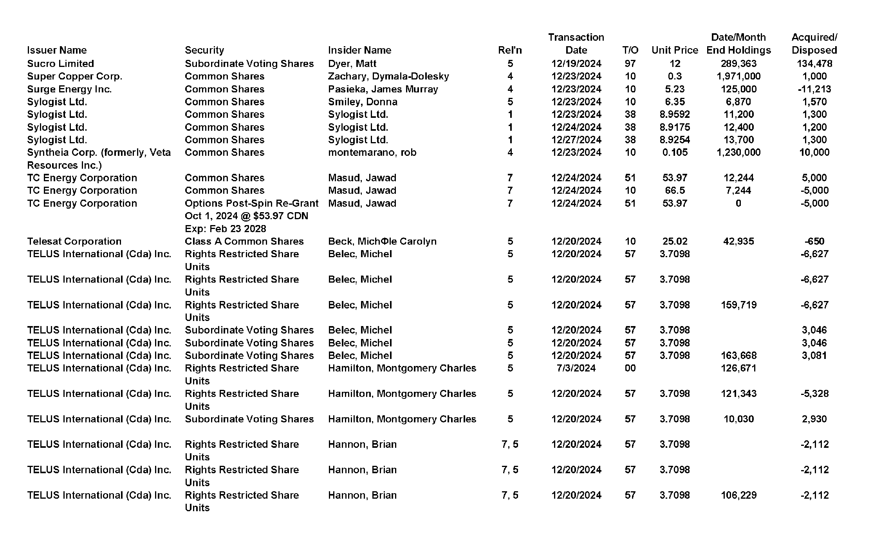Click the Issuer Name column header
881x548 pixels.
(57, 50)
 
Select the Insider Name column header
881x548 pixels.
(359, 50)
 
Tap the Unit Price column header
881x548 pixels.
(675, 50)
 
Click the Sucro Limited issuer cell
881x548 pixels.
(60, 63)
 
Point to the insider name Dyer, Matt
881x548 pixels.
(352, 63)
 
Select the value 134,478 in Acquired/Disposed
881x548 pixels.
(814, 63)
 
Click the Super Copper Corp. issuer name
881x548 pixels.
(74, 76)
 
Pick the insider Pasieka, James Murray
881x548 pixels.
(383, 89)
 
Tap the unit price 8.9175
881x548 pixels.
(675, 127)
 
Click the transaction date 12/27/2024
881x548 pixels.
(576, 140)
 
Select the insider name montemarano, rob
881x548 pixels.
(372, 152)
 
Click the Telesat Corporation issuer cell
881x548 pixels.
(74, 241)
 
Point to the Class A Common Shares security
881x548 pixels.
(244, 241)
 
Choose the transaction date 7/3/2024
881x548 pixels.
(576, 368)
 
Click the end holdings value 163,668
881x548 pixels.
(738, 355)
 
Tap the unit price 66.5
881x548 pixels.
(675, 190)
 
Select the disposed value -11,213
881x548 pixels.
(814, 89)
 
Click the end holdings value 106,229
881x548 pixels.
(738, 495)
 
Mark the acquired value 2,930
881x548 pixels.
(814, 419)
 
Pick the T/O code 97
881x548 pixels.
(630, 63)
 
